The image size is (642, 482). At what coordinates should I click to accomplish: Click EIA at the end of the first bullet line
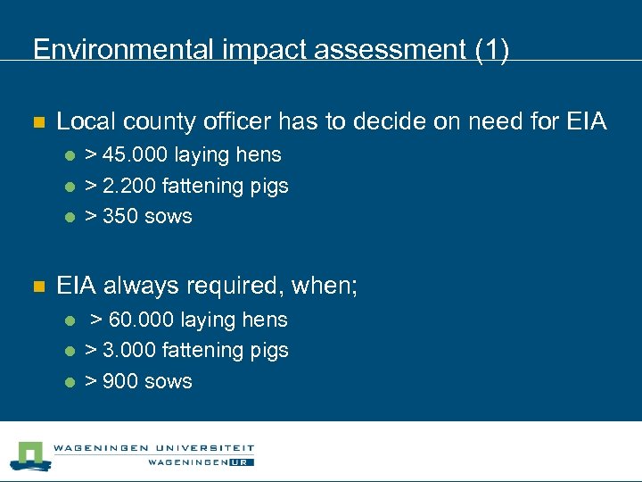tap(586, 121)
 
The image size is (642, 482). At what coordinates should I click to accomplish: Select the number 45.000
tap(134, 155)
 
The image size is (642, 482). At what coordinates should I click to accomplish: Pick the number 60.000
tap(141, 320)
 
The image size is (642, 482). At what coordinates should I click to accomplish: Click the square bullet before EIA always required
tap(37, 287)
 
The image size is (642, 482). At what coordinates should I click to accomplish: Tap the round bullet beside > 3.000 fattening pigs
tap(69, 352)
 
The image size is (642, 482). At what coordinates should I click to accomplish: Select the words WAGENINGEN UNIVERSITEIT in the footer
tap(153, 448)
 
